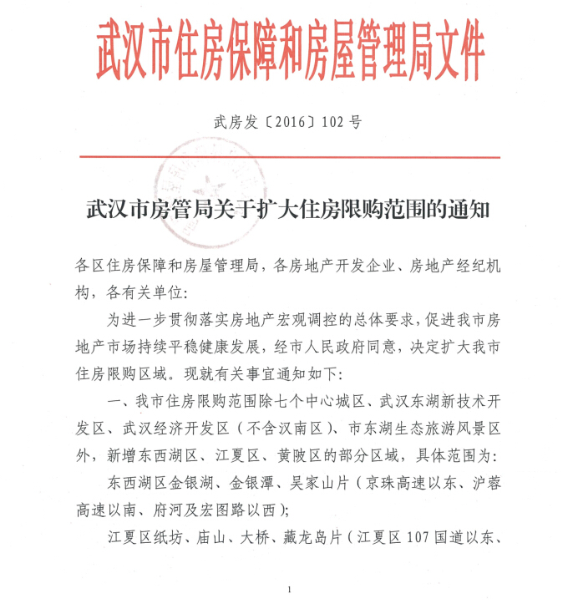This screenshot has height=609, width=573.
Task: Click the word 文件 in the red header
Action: pos(455,52)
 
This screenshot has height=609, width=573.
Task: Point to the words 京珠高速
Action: pos(386,484)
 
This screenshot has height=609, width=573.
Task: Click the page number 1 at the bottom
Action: pos(287,591)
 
